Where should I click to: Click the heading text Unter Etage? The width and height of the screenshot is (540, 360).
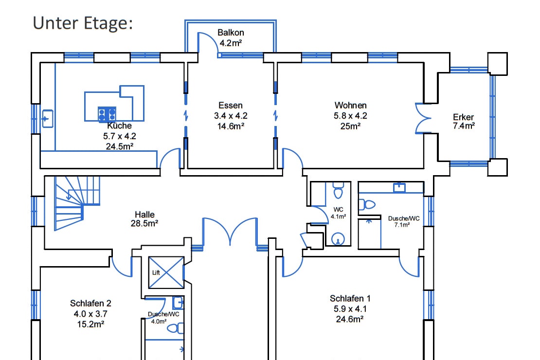click(x=83, y=23)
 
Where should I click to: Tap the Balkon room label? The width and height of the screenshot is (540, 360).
click(x=231, y=33)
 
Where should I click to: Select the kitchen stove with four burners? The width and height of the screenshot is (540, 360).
click(x=107, y=114)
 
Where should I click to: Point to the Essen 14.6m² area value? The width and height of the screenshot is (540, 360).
click(x=230, y=126)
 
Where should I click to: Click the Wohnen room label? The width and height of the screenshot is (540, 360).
click(x=350, y=105)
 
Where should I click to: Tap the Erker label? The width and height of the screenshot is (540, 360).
click(x=463, y=117)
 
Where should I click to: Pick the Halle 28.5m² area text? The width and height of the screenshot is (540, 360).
click(x=144, y=223)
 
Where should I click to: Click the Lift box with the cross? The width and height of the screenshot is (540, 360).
click(x=166, y=272)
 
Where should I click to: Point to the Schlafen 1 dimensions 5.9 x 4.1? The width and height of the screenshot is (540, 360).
click(x=350, y=308)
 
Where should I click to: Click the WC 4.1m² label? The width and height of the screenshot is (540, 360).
click(x=338, y=213)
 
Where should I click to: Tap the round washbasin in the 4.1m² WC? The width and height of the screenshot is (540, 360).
click(x=338, y=239)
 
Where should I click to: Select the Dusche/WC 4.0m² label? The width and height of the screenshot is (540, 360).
click(x=163, y=317)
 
